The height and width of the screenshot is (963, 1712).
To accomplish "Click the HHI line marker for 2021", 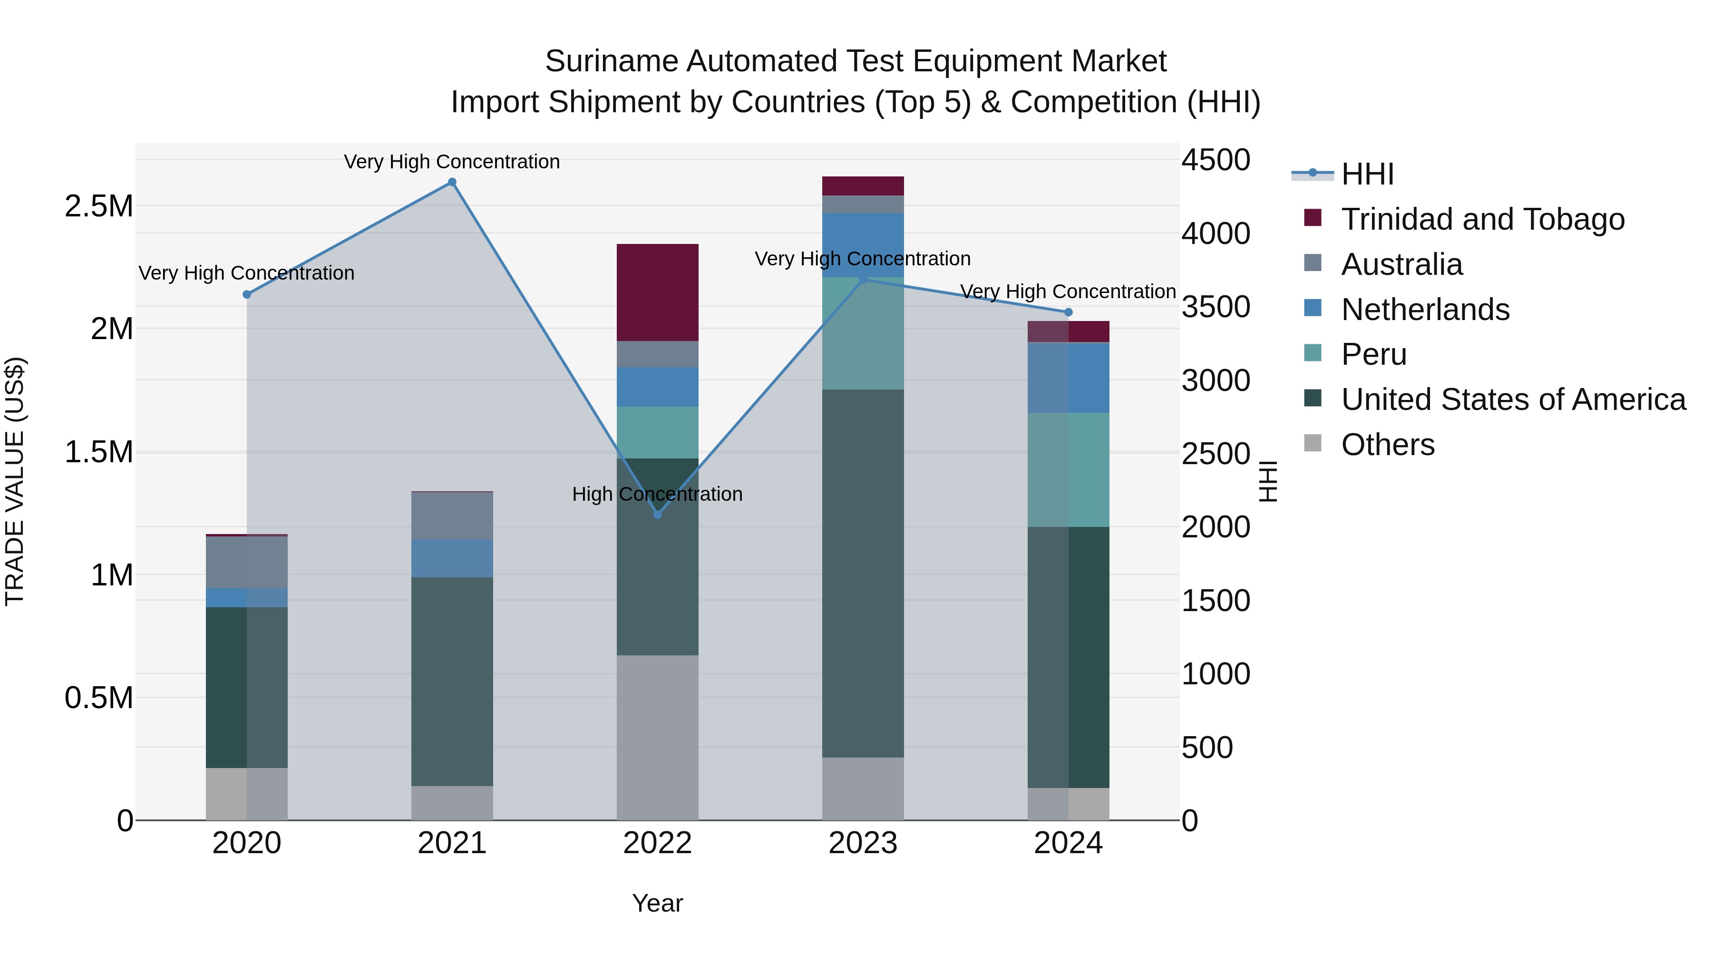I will (x=452, y=182).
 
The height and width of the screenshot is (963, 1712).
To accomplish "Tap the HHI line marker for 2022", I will (x=657, y=515).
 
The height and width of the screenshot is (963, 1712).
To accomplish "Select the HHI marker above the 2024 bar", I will (x=1068, y=312).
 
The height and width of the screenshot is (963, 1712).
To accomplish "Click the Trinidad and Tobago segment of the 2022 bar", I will (x=657, y=292).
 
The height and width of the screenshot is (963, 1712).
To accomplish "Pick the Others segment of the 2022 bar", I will (x=657, y=737).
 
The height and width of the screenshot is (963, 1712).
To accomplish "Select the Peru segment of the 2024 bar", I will (x=1068, y=470).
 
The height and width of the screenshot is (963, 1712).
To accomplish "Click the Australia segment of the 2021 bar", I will (x=452, y=516).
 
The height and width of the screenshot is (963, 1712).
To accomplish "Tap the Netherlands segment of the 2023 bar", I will (x=863, y=244).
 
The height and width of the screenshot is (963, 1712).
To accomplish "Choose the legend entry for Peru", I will (x=1373, y=354).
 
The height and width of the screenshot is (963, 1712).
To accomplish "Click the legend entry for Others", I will (x=1387, y=445).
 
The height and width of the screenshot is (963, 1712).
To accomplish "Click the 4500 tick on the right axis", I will (x=1216, y=160).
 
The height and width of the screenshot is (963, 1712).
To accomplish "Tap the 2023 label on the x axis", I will (x=863, y=843).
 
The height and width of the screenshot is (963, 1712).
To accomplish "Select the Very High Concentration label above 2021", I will (x=452, y=162).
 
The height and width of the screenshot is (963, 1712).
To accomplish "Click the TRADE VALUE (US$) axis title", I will (x=15, y=481).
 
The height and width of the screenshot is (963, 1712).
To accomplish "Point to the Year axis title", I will (x=657, y=903).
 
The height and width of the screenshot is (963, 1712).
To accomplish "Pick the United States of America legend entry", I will (x=1513, y=399).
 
